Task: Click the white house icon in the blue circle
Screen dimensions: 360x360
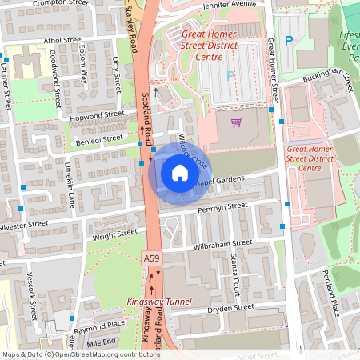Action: [179, 173]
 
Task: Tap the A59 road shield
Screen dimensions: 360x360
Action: [151, 258]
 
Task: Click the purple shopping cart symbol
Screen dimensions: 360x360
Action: [236, 122]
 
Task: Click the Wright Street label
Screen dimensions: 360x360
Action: [114, 234]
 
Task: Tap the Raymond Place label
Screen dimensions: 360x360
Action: [100, 325]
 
